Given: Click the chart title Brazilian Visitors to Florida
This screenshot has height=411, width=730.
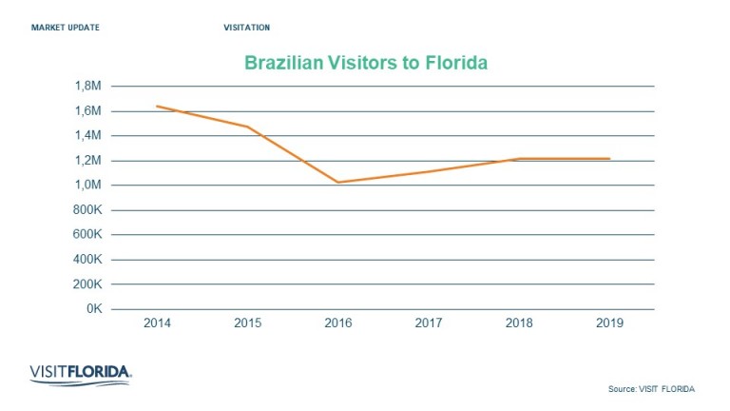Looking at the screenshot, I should coord(366,64).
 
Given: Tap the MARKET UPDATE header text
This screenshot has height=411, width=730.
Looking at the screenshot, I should coord(66,27).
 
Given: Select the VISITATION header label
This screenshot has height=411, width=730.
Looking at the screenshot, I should coord(246,27).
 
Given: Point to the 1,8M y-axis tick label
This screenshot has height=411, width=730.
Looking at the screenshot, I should coord(87,86).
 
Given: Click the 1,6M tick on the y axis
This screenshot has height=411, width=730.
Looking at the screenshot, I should coord(87,110).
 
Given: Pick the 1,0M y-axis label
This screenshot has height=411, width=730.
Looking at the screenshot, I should coord(87,185).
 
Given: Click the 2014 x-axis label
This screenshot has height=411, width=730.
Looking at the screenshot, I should coord(157,323).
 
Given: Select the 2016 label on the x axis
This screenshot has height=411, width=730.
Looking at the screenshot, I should coord(338,323).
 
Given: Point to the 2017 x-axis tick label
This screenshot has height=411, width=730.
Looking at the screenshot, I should coord(429,323).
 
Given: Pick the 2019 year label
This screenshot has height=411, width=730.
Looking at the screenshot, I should coord(609,323).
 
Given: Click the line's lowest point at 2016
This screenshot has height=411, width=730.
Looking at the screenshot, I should coord(338,183).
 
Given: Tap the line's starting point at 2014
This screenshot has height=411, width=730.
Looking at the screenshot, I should coord(157,106).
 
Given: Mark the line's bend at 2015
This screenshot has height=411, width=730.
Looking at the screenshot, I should coord(247,127).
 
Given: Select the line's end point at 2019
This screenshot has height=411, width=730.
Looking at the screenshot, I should coord(609,159).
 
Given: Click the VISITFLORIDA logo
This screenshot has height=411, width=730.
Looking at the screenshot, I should coord(80,373).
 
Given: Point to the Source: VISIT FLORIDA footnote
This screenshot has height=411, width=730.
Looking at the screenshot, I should coord(651,388).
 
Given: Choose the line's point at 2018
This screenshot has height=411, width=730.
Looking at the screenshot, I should coord(519,159).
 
